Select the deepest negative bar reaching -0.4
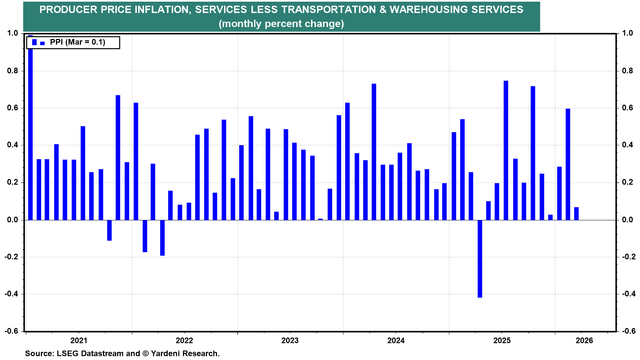(x=480, y=259)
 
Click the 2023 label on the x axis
(x=290, y=340)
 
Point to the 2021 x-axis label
(x=79, y=340)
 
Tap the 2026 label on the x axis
(x=584, y=340)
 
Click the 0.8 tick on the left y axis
(x=12, y=71)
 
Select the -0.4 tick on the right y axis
(x=628, y=294)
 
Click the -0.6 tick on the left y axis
(x=12, y=331)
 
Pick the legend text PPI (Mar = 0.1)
(x=77, y=42)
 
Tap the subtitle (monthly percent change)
(x=281, y=24)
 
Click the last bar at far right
(x=576, y=214)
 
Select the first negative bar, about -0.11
(x=109, y=230)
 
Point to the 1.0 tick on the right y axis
(x=628, y=33)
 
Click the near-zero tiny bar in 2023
(x=320, y=219)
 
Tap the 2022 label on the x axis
(x=184, y=340)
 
